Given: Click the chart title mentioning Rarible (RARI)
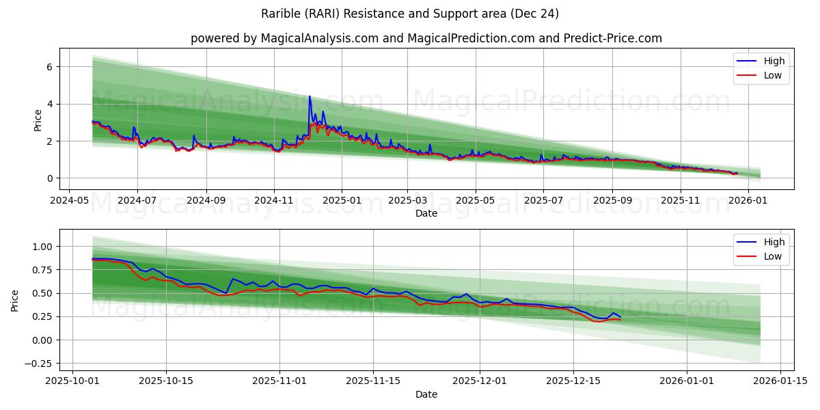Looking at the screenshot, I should click(x=410, y=14).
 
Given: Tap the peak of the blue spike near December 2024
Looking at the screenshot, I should click(x=310, y=96).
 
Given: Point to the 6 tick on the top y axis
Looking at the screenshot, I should click(x=50, y=67).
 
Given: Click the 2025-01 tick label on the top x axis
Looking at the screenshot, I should click(x=341, y=202).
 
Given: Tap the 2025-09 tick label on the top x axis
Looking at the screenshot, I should click(x=612, y=202).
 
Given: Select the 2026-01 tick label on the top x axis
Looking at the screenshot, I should click(x=748, y=202).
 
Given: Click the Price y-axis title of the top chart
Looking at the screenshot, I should click(x=38, y=120).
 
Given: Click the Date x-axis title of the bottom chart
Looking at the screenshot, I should click(x=426, y=394).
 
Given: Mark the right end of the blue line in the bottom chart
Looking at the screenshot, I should click(x=620, y=317).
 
